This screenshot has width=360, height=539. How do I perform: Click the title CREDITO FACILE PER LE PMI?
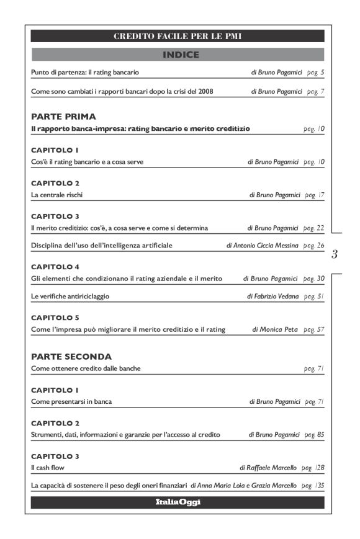(178, 36)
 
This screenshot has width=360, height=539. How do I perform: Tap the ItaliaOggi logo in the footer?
(178, 502)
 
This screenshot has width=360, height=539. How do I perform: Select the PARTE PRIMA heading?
(63, 116)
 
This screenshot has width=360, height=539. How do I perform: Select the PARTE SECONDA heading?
(71, 357)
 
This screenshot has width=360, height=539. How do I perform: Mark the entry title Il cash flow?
(47, 467)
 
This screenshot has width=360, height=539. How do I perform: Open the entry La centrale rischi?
(56, 195)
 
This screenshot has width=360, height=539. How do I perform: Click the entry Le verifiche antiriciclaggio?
(70, 296)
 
